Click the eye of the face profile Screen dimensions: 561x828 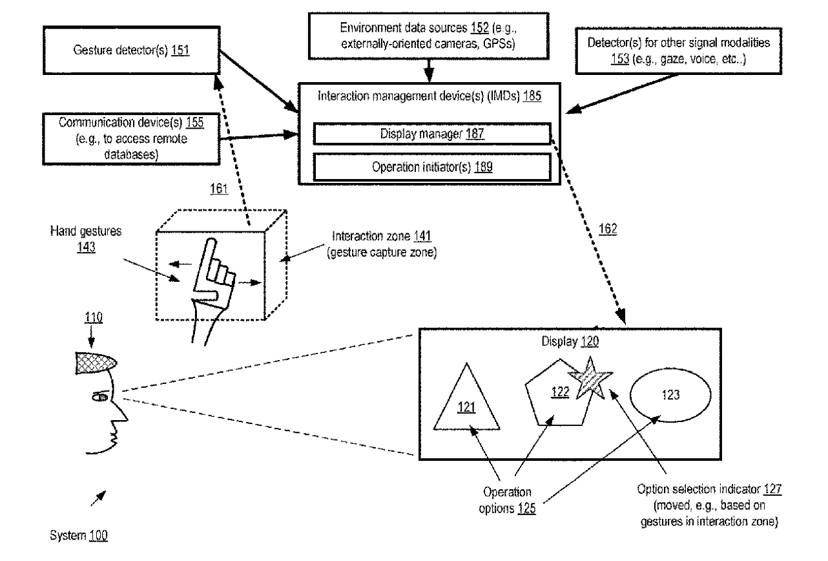point(101,397)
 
